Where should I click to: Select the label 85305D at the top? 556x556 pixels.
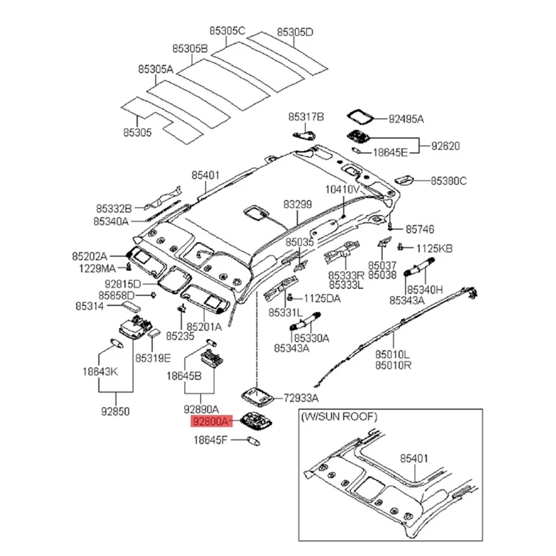295,32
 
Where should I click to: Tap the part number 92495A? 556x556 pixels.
405,119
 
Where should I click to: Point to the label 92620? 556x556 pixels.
445,146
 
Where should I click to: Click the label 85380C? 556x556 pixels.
448,181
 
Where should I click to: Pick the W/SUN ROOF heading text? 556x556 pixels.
338,417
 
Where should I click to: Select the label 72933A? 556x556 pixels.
300,398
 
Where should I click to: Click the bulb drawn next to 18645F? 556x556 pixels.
252,439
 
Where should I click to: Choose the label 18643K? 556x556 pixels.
100,373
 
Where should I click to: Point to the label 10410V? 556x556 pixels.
343,189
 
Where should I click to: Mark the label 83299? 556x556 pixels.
297,204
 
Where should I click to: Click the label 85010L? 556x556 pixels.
393,354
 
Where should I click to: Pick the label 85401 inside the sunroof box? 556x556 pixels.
414,458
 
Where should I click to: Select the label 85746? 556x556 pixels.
420,228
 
